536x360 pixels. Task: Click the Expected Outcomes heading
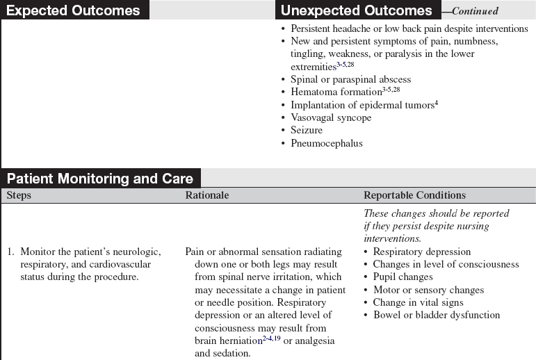click(73, 10)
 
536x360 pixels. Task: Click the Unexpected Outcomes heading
click(356, 10)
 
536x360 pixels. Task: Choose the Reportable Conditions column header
click(414, 195)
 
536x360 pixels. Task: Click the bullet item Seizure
click(306, 130)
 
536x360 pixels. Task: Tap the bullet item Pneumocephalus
click(326, 143)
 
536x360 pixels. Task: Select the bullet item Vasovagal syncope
click(330, 117)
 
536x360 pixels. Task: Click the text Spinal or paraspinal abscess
click(350, 79)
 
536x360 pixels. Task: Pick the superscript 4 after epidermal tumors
click(437, 103)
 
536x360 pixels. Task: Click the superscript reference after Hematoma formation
click(391, 90)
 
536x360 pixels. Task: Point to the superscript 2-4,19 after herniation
click(272, 338)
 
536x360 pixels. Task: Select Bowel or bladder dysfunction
click(436, 315)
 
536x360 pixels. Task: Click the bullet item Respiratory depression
click(421, 252)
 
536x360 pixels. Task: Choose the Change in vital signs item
click(418, 302)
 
